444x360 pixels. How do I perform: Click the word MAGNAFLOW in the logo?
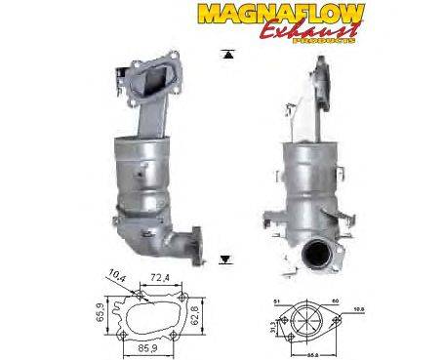284,14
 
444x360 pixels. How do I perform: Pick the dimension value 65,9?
100,309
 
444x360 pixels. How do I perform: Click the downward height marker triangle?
226,258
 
